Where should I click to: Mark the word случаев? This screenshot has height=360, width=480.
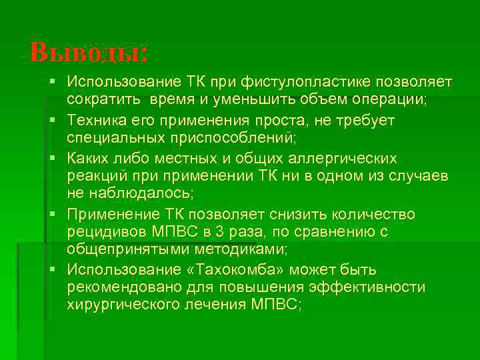click(415, 176)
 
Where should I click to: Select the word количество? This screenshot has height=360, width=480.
click(368, 214)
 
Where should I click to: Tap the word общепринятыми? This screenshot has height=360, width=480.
click(129, 250)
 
